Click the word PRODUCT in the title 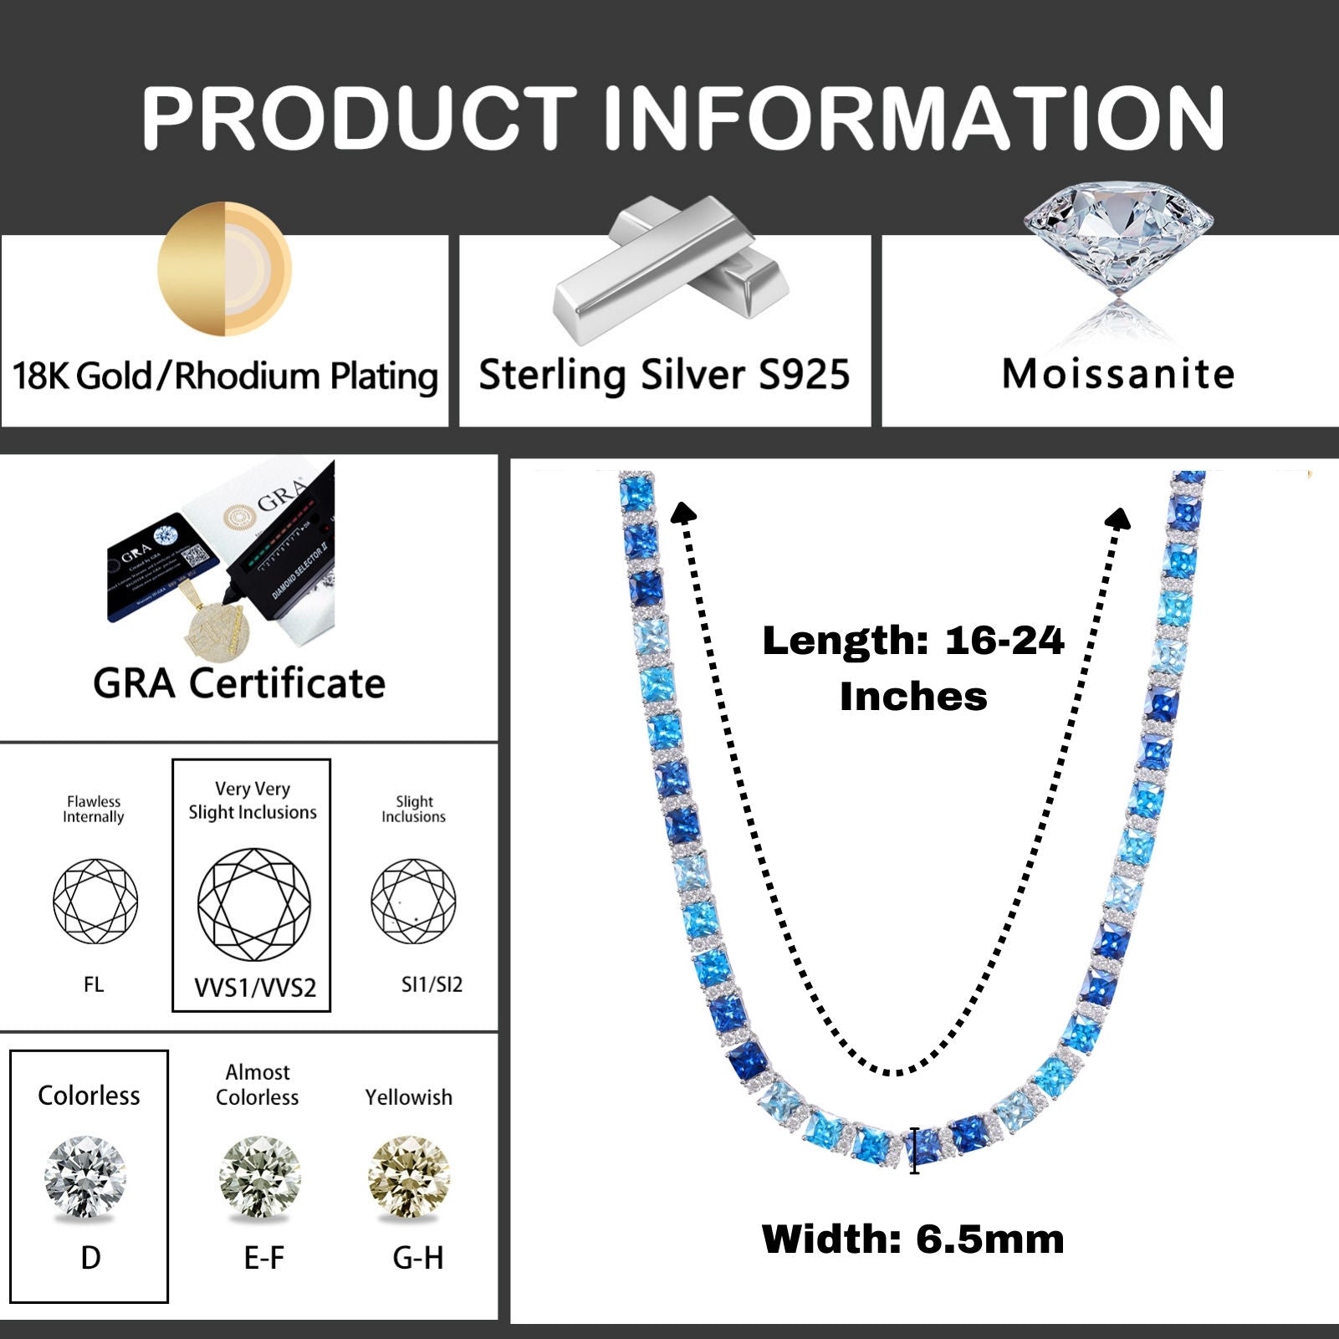(359, 118)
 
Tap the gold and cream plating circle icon (224, 268)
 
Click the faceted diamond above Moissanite (1118, 238)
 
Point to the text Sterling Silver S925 (664, 374)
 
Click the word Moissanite (1118, 374)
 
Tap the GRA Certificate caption (239, 683)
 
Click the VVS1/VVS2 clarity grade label (255, 988)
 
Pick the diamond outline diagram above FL (95, 901)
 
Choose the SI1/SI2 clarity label (432, 984)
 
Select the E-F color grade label (264, 1258)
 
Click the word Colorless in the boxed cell (89, 1096)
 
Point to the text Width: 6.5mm (912, 1239)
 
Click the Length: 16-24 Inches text (912, 668)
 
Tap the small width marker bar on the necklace (914, 1151)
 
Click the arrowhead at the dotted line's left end (683, 512)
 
